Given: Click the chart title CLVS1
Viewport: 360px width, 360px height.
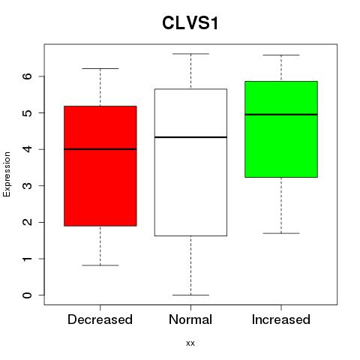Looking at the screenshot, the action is [190, 23].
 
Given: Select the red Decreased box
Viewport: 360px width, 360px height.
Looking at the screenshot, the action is [100, 166].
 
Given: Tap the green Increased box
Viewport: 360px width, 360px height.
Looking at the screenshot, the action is [281, 129].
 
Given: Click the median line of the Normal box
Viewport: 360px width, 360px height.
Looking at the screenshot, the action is [190, 137].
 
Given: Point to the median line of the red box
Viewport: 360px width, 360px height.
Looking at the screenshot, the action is [100, 149].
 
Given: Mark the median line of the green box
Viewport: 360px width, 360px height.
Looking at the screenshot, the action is [281, 115].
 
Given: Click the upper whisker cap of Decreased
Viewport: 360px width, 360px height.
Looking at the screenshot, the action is [100, 68].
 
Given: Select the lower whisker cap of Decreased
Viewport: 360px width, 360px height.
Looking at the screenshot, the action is [100, 265].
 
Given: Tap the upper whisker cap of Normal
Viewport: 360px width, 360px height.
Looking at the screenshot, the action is [190, 54].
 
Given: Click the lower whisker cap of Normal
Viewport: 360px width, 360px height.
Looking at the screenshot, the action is [190, 295].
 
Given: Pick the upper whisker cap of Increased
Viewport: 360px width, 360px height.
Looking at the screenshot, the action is [281, 55].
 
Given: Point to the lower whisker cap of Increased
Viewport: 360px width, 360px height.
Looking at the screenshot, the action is [281, 233].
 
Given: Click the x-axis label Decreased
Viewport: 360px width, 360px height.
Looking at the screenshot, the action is [100, 319].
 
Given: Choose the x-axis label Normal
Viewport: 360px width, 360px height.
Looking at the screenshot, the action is [190, 319].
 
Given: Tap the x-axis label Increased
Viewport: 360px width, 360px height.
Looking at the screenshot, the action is [281, 319].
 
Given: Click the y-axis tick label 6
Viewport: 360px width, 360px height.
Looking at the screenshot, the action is [27, 76].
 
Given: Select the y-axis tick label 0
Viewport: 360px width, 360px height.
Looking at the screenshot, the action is [27, 295].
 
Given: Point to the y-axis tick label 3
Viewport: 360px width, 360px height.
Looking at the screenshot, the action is [27, 185].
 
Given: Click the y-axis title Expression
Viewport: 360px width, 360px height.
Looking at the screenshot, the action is [7, 174].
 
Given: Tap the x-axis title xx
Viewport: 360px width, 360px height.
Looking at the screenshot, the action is [190, 343].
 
